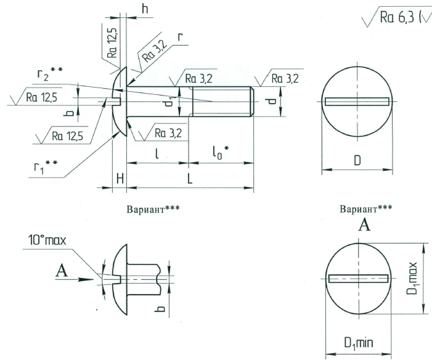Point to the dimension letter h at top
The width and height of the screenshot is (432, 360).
tap(145, 9)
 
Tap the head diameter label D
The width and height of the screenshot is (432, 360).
tap(357, 161)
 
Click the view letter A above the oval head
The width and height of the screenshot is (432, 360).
tap(365, 226)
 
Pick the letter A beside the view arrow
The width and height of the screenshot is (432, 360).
tap(61, 269)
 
